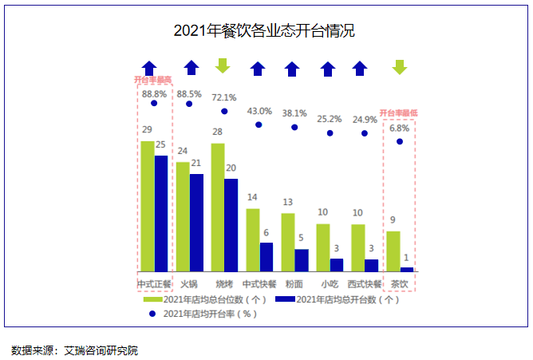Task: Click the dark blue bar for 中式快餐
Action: point(266,256)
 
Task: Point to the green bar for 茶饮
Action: point(393,251)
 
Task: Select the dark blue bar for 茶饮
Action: point(407,269)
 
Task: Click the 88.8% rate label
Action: point(154,93)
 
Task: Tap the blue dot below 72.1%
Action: point(224,112)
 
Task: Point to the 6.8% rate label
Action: point(399,128)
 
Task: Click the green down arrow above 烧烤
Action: point(223,66)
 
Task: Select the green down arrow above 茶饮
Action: point(400,68)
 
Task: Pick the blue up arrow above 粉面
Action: point(294,69)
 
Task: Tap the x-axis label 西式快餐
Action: point(364,283)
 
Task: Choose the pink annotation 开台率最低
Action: point(400,113)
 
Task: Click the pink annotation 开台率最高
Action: point(154,80)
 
